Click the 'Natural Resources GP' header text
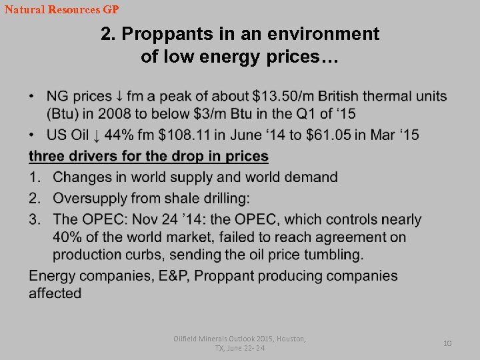click(61, 10)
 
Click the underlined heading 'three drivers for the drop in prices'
click(148, 157)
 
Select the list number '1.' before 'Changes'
click(36, 177)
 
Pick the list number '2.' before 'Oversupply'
click(36, 199)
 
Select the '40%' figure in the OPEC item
click(69, 237)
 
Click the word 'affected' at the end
click(55, 293)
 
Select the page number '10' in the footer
click(447, 343)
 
